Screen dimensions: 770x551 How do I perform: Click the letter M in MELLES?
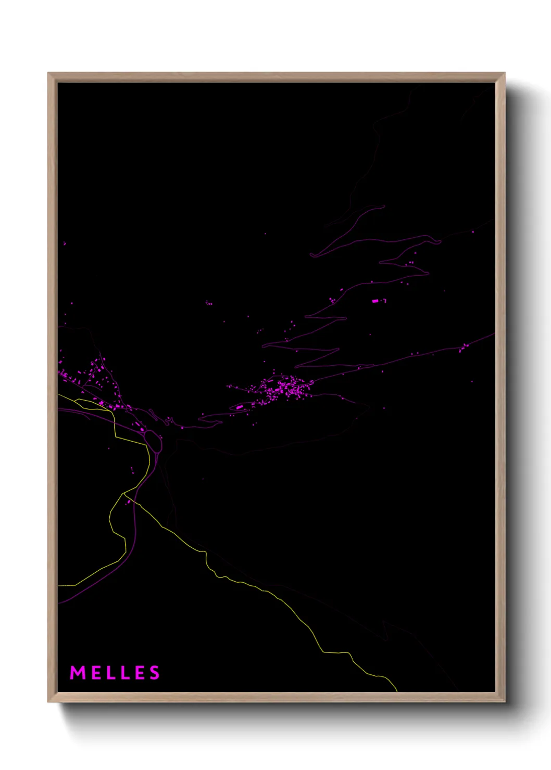78,673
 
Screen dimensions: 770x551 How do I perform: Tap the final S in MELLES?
155,673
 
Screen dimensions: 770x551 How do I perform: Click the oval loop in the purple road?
153,440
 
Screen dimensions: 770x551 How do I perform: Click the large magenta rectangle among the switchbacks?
375,301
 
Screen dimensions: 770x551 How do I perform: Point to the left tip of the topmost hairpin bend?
311,255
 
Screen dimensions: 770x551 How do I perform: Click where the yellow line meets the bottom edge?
397,690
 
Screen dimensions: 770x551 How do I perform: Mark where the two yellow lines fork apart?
124,493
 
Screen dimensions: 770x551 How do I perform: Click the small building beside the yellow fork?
127,502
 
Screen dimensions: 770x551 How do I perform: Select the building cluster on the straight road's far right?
463,347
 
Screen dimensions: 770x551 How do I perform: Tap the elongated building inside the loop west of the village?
239,407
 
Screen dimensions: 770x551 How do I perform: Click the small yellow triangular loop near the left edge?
78,401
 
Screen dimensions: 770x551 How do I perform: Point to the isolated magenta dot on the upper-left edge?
65,243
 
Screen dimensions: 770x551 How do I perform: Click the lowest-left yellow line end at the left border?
59,586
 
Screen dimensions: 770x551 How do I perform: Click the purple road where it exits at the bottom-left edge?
59,603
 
